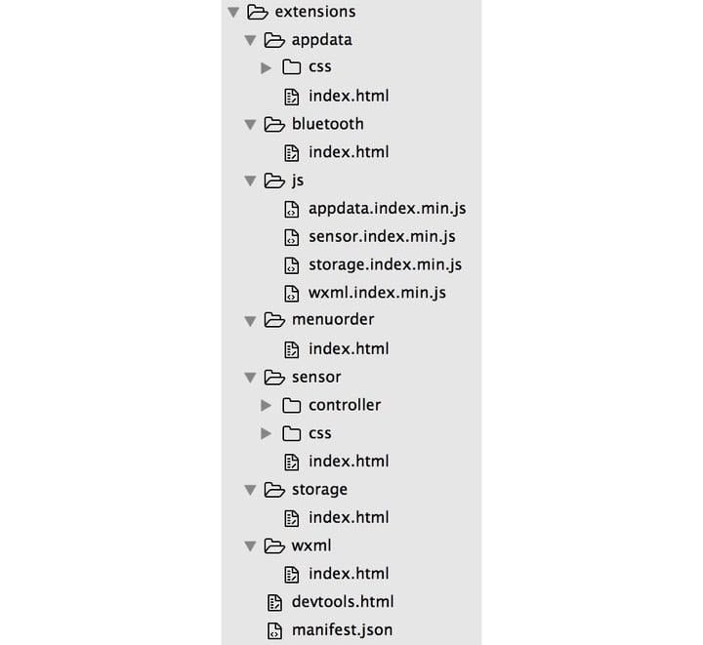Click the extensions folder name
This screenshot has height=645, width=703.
[x=315, y=12]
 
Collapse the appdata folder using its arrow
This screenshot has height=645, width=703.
[x=250, y=40]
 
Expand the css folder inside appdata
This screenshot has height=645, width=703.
[x=267, y=68]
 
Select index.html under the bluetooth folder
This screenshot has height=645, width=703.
[x=349, y=152]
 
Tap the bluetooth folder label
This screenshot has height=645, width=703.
[x=328, y=124]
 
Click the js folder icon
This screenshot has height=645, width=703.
[x=274, y=181]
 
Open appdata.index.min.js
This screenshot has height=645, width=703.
[x=388, y=209]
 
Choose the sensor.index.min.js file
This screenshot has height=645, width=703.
[x=382, y=236]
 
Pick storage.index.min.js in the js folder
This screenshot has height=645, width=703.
[x=385, y=264]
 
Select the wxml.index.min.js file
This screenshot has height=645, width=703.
[x=377, y=293]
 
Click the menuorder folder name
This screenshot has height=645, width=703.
[x=333, y=320]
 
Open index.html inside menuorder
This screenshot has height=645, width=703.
[x=349, y=349]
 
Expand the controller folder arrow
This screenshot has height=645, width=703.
[x=267, y=405]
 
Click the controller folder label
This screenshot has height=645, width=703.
[x=345, y=405]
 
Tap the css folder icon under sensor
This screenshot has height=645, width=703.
[x=291, y=433]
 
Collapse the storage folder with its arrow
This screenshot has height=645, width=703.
[x=250, y=490]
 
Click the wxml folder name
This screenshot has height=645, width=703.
[x=311, y=545]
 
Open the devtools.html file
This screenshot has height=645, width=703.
[x=343, y=602]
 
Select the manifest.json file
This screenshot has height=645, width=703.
[x=342, y=630]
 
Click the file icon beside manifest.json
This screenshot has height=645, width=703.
[x=274, y=630]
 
